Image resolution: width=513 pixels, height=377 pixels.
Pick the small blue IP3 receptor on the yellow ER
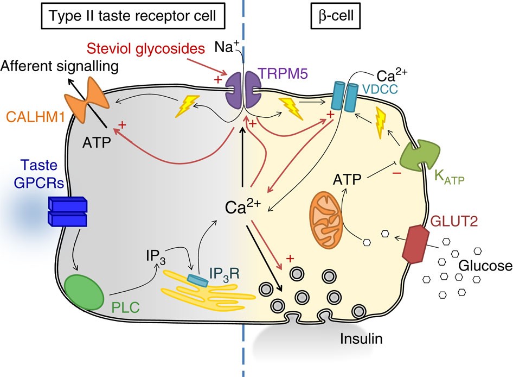coord(197,279)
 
